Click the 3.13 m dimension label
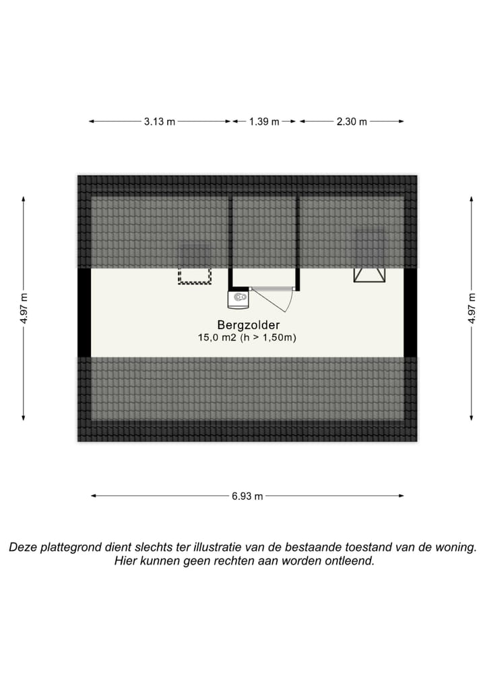point(159,122)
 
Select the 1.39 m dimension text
point(264,122)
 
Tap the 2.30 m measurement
point(352,122)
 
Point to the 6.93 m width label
point(247,497)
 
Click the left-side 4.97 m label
point(24,309)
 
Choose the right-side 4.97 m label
point(472,309)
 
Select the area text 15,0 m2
point(215,337)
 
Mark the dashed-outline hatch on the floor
point(195,275)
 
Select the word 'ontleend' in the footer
point(352,561)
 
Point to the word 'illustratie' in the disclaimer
point(222,547)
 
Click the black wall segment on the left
point(84,312)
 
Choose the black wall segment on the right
point(410,312)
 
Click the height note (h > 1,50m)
point(269,337)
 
